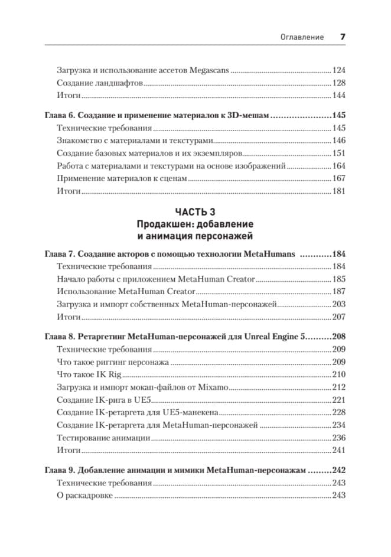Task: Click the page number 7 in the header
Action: click(x=343, y=37)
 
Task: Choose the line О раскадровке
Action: click(x=84, y=496)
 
